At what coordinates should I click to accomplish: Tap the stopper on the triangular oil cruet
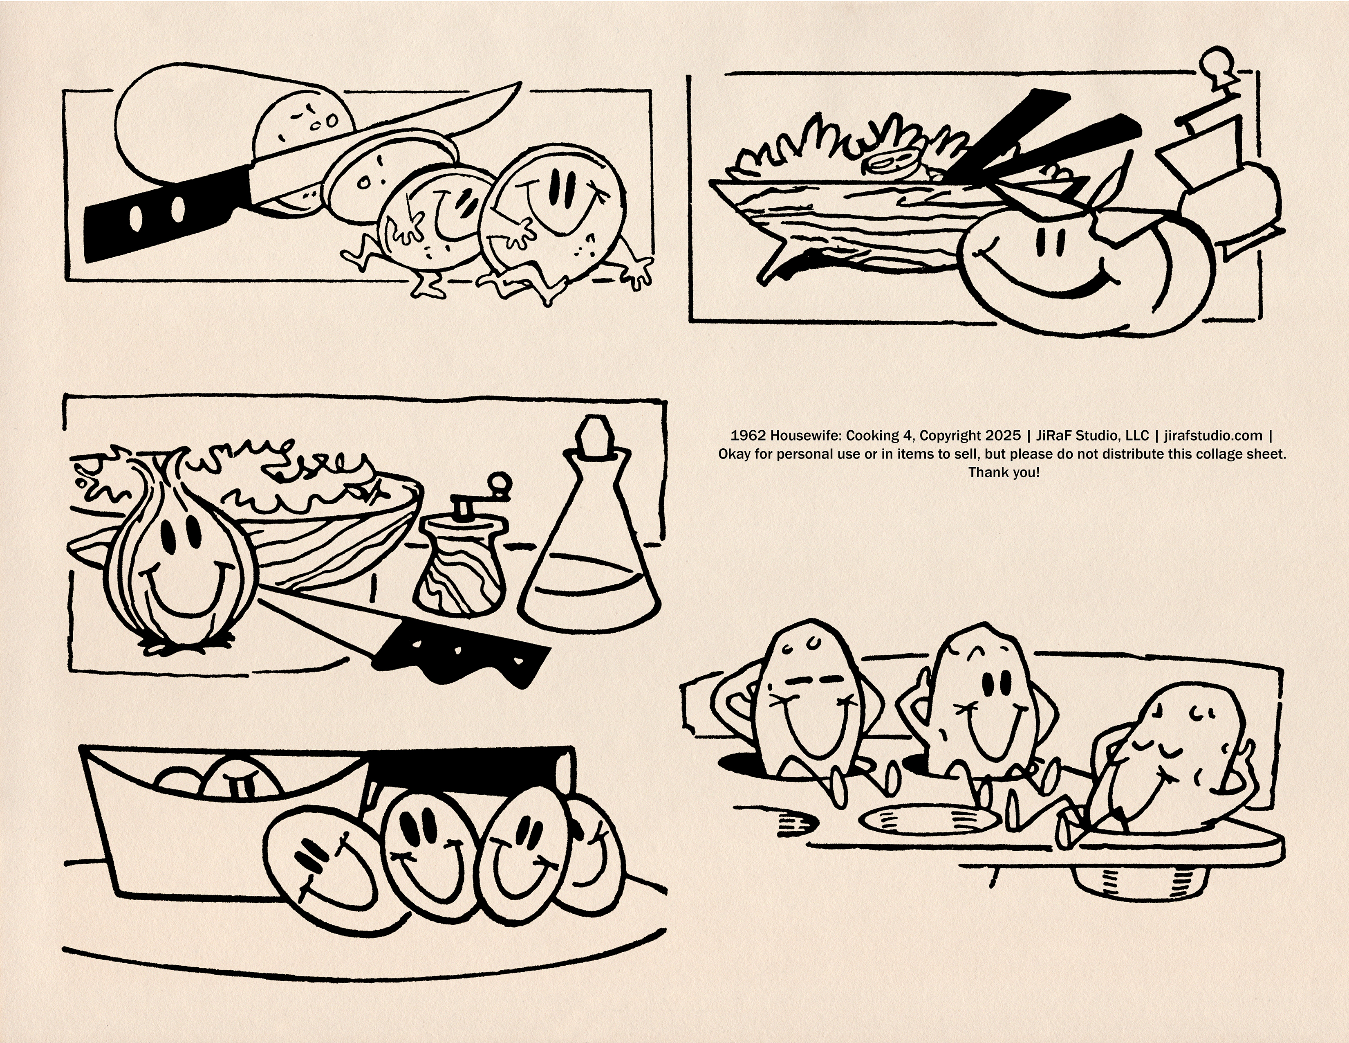tap(592, 439)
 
